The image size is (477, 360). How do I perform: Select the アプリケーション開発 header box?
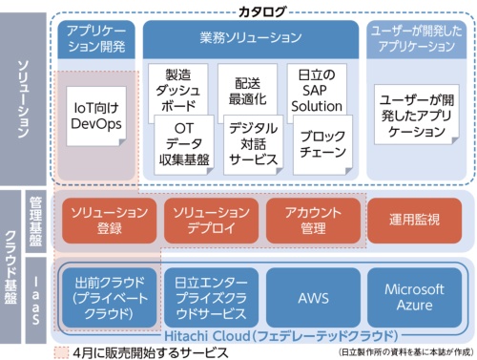pos(96,37)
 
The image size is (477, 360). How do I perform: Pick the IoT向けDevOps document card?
pos(94,114)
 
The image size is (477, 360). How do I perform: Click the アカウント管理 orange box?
pos(311,218)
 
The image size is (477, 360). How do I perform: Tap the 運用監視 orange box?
pos(414,219)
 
